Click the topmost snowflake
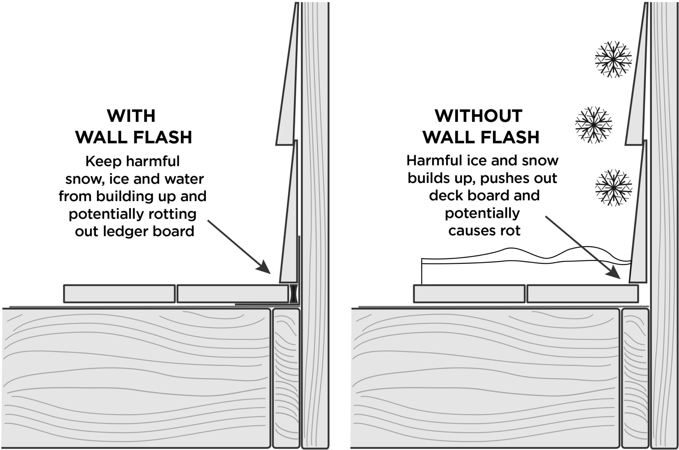click(x=613, y=59)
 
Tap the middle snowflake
click(x=593, y=125)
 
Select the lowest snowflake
click(x=613, y=188)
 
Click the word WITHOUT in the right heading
click(x=478, y=116)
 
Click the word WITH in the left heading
click(x=131, y=116)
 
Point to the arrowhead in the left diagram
click(x=265, y=267)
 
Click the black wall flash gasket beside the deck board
click(x=293, y=293)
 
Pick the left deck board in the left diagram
click(x=119, y=294)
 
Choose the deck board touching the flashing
click(x=232, y=294)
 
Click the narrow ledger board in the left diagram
click(x=286, y=378)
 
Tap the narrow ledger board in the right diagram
click(x=635, y=378)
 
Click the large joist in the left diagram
click(x=136, y=378)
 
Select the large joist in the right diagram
click(x=484, y=378)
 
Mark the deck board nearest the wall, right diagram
click(x=582, y=294)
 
